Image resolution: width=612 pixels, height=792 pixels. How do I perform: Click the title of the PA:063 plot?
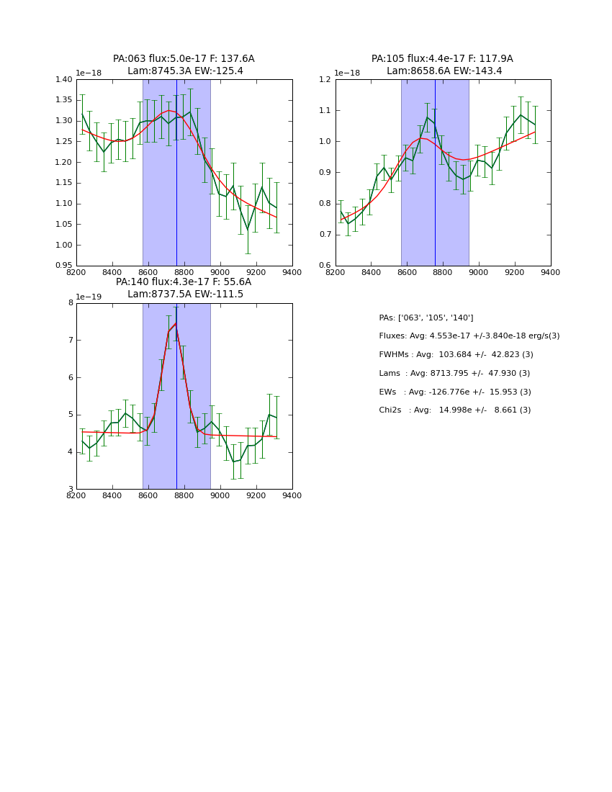click(184, 65)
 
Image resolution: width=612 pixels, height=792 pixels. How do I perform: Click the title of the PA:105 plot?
click(442, 65)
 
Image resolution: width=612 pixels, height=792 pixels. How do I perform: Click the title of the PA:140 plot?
click(184, 288)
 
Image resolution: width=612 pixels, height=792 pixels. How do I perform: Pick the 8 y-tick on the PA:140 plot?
click(71, 303)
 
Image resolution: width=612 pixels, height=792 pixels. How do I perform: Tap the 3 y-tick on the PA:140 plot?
click(71, 490)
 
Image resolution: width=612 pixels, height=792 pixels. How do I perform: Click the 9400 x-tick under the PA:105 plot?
click(550, 272)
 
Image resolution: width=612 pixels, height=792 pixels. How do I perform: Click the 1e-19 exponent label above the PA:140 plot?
click(89, 297)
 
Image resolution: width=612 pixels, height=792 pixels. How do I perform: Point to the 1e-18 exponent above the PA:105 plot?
click(348, 73)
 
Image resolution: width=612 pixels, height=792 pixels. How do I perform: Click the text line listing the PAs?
click(426, 318)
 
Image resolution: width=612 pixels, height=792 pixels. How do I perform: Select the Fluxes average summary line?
click(469, 336)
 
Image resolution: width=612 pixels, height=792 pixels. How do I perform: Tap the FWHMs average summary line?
click(456, 355)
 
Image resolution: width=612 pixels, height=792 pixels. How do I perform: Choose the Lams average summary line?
click(454, 373)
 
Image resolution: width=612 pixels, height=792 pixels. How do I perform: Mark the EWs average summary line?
click(454, 392)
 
